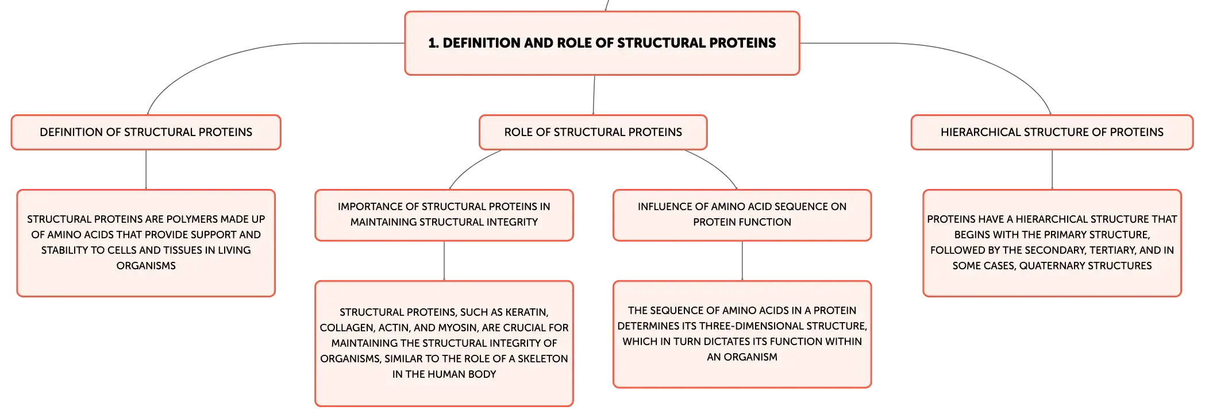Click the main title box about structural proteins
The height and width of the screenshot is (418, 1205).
tap(602, 43)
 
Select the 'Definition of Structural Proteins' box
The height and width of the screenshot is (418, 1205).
tap(146, 132)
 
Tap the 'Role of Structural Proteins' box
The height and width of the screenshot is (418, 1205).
tap(593, 132)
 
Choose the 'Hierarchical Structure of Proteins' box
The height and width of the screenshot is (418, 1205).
tap(1052, 132)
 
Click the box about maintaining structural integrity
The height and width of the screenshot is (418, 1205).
tap(444, 215)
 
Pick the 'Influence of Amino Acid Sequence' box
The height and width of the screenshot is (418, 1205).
tap(742, 215)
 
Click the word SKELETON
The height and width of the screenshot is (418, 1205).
tap(542, 359)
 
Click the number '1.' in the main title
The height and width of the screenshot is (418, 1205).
tap(434, 43)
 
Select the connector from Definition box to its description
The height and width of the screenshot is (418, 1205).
tap(146, 170)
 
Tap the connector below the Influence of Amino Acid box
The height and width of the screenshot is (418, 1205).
tap(742, 261)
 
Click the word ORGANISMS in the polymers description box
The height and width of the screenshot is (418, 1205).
tap(146, 266)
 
